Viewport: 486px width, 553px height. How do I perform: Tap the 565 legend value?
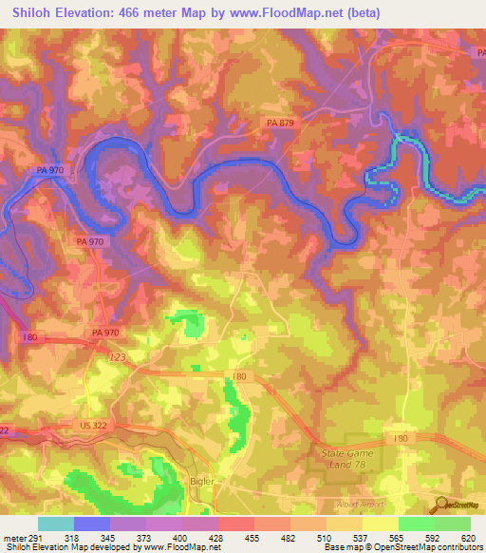coord(398,537)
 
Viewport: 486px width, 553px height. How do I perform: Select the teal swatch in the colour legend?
coord(56,524)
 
